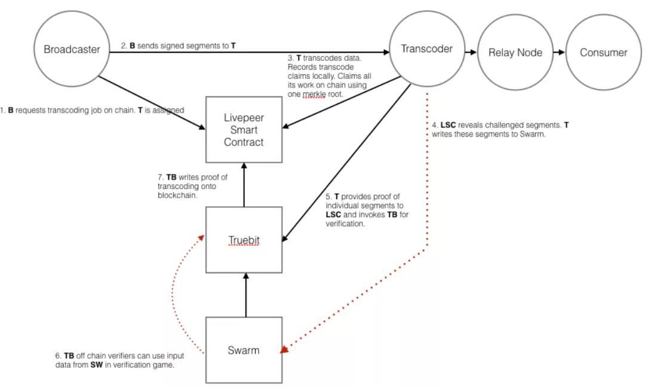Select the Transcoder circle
click(x=426, y=49)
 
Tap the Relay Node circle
click(x=515, y=53)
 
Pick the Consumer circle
click(x=603, y=53)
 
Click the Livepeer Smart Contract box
click(x=244, y=130)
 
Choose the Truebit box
click(x=244, y=240)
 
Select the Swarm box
click(x=244, y=350)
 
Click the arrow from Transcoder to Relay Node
click(x=471, y=52)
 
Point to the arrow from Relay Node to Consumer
click(x=559, y=52)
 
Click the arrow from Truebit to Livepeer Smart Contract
click(x=244, y=185)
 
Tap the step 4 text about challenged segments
click(x=500, y=130)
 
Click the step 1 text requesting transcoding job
click(x=93, y=111)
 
